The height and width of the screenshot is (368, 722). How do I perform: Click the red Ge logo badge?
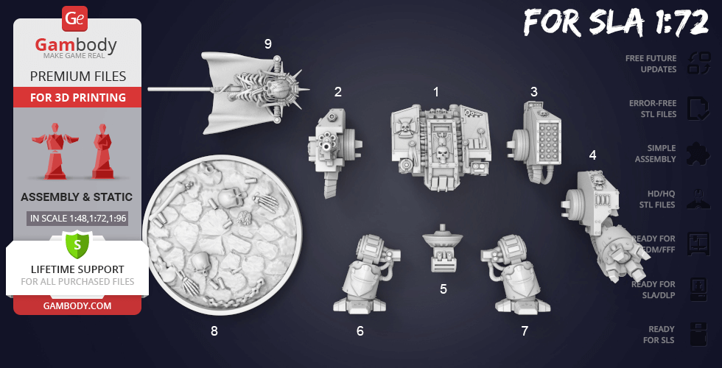tap(74, 19)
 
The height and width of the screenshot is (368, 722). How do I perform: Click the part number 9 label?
tap(268, 44)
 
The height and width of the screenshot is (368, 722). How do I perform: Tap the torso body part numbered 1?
tap(441, 146)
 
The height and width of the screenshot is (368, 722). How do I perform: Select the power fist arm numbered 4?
tap(603, 225)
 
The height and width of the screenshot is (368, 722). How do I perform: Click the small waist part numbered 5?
tap(443, 249)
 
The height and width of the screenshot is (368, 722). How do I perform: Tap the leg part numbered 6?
tap(365, 275)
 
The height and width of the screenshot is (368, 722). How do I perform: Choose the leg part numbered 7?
tap(516, 275)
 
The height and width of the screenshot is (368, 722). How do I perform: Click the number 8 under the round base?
tap(214, 331)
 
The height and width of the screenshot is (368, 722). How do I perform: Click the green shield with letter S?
tap(77, 245)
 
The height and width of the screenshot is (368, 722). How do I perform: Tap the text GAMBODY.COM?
tap(77, 306)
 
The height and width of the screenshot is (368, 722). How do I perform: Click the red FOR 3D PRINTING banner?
tap(77, 97)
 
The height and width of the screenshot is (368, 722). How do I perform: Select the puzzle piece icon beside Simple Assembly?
tap(698, 154)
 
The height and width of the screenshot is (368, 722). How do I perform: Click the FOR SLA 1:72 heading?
tap(616, 22)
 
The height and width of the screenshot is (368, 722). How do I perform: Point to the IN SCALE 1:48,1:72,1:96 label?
tap(77, 219)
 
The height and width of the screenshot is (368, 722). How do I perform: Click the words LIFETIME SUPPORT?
tap(77, 269)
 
